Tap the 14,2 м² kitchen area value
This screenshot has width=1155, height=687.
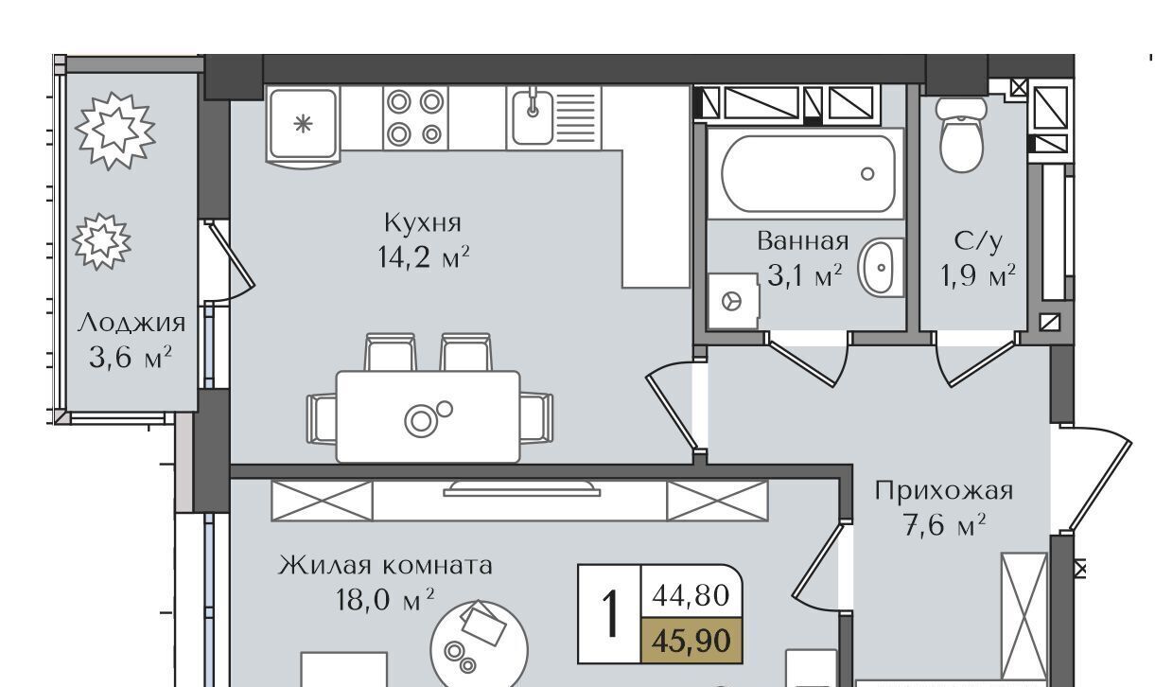coord(424,256)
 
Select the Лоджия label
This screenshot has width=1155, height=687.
coord(131,323)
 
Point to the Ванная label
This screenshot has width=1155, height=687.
coord(803,241)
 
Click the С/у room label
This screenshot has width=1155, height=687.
coord(978,242)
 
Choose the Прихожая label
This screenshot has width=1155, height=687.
coord(944,491)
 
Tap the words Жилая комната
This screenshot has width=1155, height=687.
coord(385,565)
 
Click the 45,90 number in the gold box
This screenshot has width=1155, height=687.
coord(691,641)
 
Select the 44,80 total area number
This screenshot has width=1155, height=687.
coord(691,596)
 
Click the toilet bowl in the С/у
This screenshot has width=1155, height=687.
coord(961,135)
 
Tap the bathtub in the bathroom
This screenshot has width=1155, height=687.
coord(808,174)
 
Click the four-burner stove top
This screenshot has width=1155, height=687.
coord(415,118)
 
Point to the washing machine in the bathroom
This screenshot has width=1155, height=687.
coord(732,301)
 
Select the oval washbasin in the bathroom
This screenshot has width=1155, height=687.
coord(880,268)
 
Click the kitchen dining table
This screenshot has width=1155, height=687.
coord(428,416)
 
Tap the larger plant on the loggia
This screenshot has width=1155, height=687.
coord(115,131)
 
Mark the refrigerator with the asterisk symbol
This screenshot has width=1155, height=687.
coord(304,127)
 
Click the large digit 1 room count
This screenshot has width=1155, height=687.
coord(610,615)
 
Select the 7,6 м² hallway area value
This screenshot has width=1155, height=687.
coord(945,525)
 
